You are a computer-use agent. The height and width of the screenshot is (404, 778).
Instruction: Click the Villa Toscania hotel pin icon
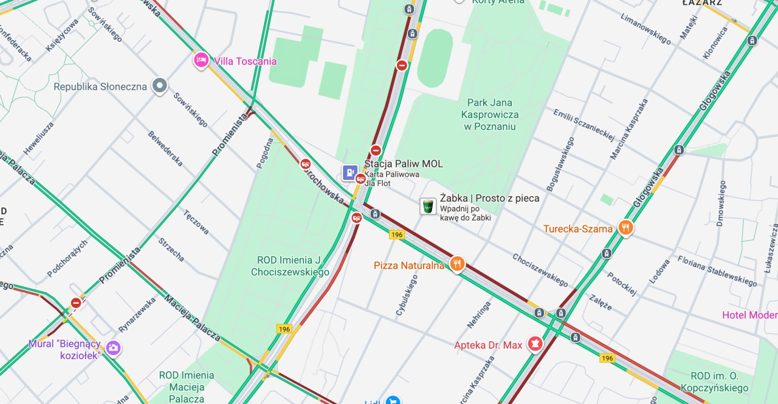tap(201, 60)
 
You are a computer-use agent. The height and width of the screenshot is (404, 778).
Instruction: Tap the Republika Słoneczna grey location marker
tap(160, 86)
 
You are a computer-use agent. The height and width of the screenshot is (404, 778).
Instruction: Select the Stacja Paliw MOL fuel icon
tap(349, 173)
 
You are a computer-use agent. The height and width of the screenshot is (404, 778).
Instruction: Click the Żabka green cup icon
tap(428, 206)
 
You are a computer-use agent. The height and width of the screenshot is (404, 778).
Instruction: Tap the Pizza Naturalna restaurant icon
tap(457, 264)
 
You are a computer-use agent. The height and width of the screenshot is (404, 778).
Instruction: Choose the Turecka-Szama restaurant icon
tap(625, 228)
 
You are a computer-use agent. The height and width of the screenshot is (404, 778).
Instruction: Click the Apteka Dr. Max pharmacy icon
tap(535, 344)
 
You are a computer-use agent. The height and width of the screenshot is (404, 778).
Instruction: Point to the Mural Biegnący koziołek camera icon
tap(112, 348)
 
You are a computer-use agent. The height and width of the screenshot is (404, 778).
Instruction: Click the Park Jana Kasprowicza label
tap(490, 114)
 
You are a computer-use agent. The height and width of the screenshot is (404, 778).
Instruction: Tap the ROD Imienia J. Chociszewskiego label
tap(290, 266)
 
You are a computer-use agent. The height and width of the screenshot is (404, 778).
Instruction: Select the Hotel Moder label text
tap(749, 315)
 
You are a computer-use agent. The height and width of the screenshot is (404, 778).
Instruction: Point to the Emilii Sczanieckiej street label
tap(583, 124)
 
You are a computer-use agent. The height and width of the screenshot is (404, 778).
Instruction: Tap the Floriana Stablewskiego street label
tap(717, 270)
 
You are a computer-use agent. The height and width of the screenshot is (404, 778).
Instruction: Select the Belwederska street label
tap(165, 148)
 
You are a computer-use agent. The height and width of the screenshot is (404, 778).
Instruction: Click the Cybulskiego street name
tap(407, 295)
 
